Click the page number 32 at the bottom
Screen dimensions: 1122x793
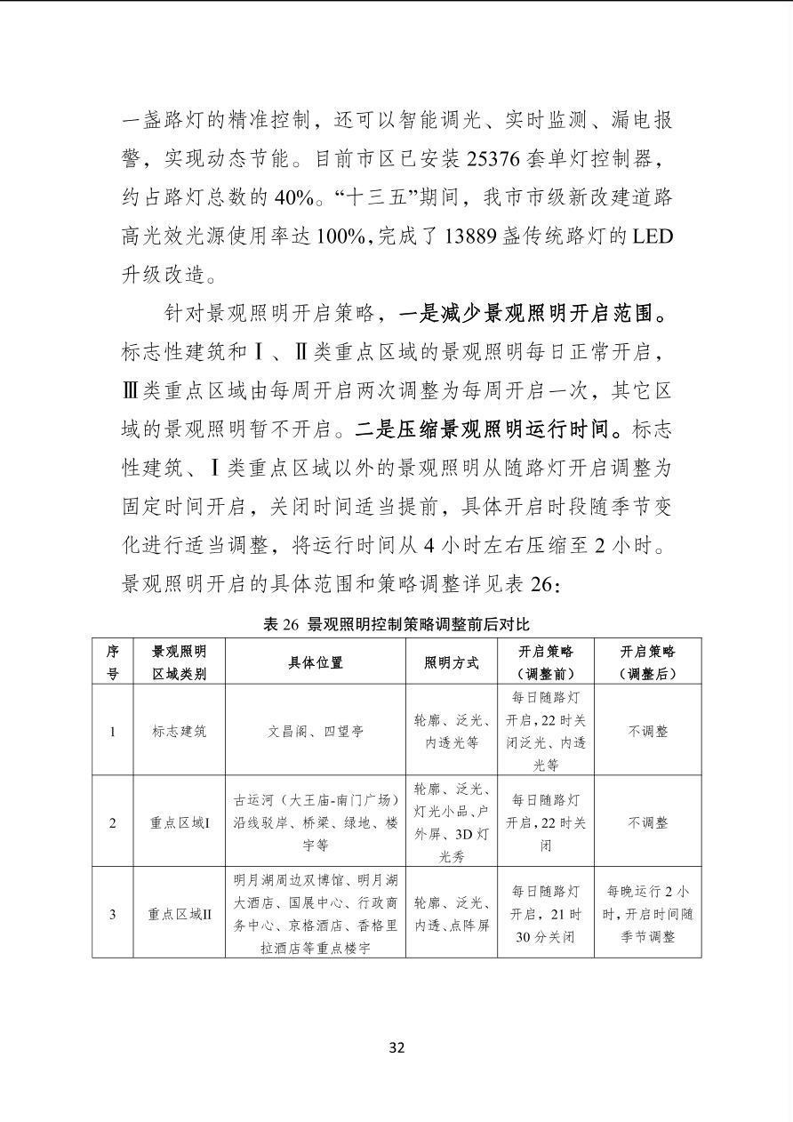click(396, 1047)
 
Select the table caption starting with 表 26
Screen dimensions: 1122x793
click(396, 625)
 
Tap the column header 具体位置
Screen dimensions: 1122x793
click(316, 662)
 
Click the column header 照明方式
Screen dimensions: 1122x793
click(452, 662)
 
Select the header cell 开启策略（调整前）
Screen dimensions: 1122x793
click(546, 662)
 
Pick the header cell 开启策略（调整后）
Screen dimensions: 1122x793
click(647, 662)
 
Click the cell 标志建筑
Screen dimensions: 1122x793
click(179, 732)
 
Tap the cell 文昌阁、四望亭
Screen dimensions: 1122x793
click(316, 732)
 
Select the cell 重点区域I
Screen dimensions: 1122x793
click(179, 822)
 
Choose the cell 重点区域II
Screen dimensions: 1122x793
click(179, 913)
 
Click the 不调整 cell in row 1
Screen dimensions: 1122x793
click(647, 732)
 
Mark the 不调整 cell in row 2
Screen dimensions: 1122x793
click(647, 822)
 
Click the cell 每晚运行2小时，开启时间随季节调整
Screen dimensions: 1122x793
click(647, 913)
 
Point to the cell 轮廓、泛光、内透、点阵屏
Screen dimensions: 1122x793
click(452, 913)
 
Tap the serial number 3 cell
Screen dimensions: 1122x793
click(113, 913)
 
